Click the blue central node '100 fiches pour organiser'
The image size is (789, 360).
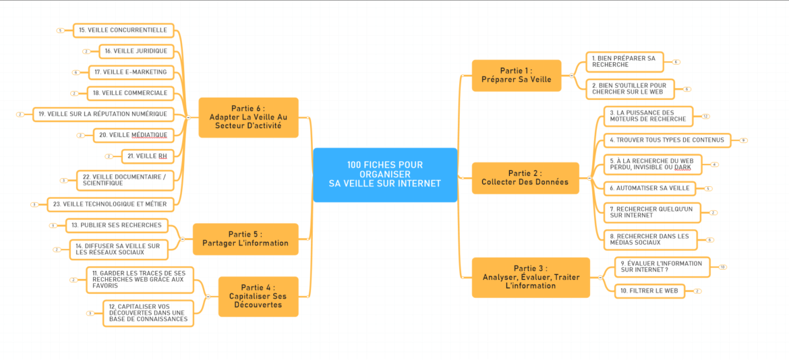coord(385,175)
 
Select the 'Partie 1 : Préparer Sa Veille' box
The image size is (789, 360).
coord(516,76)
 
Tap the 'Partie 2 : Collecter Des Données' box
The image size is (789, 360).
coord(525,178)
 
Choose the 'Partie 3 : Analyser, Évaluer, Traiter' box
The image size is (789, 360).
coord(531,277)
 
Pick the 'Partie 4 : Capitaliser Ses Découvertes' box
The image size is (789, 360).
coord(258,297)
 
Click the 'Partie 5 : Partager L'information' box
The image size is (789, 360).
coord(245,239)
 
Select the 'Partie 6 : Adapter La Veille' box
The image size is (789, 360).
coord(248,117)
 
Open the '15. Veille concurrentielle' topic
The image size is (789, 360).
coord(123,30)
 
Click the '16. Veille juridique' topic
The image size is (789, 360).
coord(137,51)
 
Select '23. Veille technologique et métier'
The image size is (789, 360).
coord(114,204)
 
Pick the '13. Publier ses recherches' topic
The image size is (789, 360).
coord(116,225)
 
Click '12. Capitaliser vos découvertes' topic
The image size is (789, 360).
coord(148,313)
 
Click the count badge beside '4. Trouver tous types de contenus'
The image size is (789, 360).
coord(743,140)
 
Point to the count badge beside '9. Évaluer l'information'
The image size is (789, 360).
coord(722,267)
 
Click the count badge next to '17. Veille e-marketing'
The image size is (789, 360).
coord(76,72)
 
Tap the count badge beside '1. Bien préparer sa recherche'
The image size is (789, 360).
coord(676,61)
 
